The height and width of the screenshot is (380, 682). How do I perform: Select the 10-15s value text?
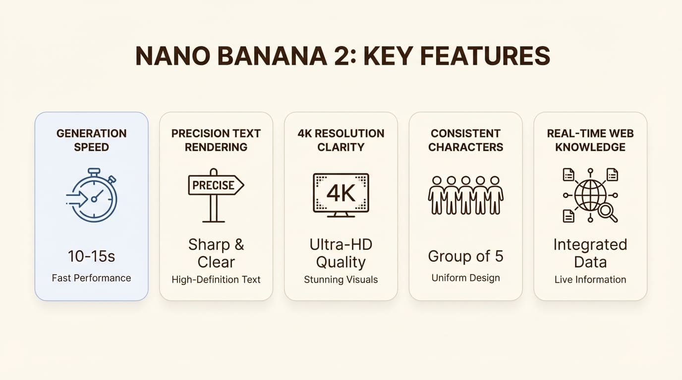[x=91, y=256]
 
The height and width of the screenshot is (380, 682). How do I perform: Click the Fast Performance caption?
[x=91, y=278]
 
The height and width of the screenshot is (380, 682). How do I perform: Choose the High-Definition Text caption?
[x=216, y=280]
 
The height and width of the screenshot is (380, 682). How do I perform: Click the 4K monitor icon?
[x=341, y=195]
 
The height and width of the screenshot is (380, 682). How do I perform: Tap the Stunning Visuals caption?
[x=341, y=280]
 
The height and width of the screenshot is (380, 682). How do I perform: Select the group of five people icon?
[x=465, y=195]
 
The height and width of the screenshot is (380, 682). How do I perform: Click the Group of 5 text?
[x=465, y=256]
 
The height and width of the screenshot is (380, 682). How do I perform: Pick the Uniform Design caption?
[x=465, y=278]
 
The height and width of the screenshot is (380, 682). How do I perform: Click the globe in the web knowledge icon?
[x=590, y=196]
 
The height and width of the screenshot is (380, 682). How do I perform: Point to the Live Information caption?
[x=590, y=280]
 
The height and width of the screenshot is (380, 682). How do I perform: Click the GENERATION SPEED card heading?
[x=91, y=140]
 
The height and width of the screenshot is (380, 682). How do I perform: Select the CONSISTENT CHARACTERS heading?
[x=465, y=140]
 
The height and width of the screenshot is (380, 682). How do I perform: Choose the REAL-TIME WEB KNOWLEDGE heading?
[x=590, y=140]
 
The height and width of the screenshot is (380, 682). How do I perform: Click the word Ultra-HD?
[x=341, y=244]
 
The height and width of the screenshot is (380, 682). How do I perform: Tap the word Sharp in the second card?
[x=209, y=244]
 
